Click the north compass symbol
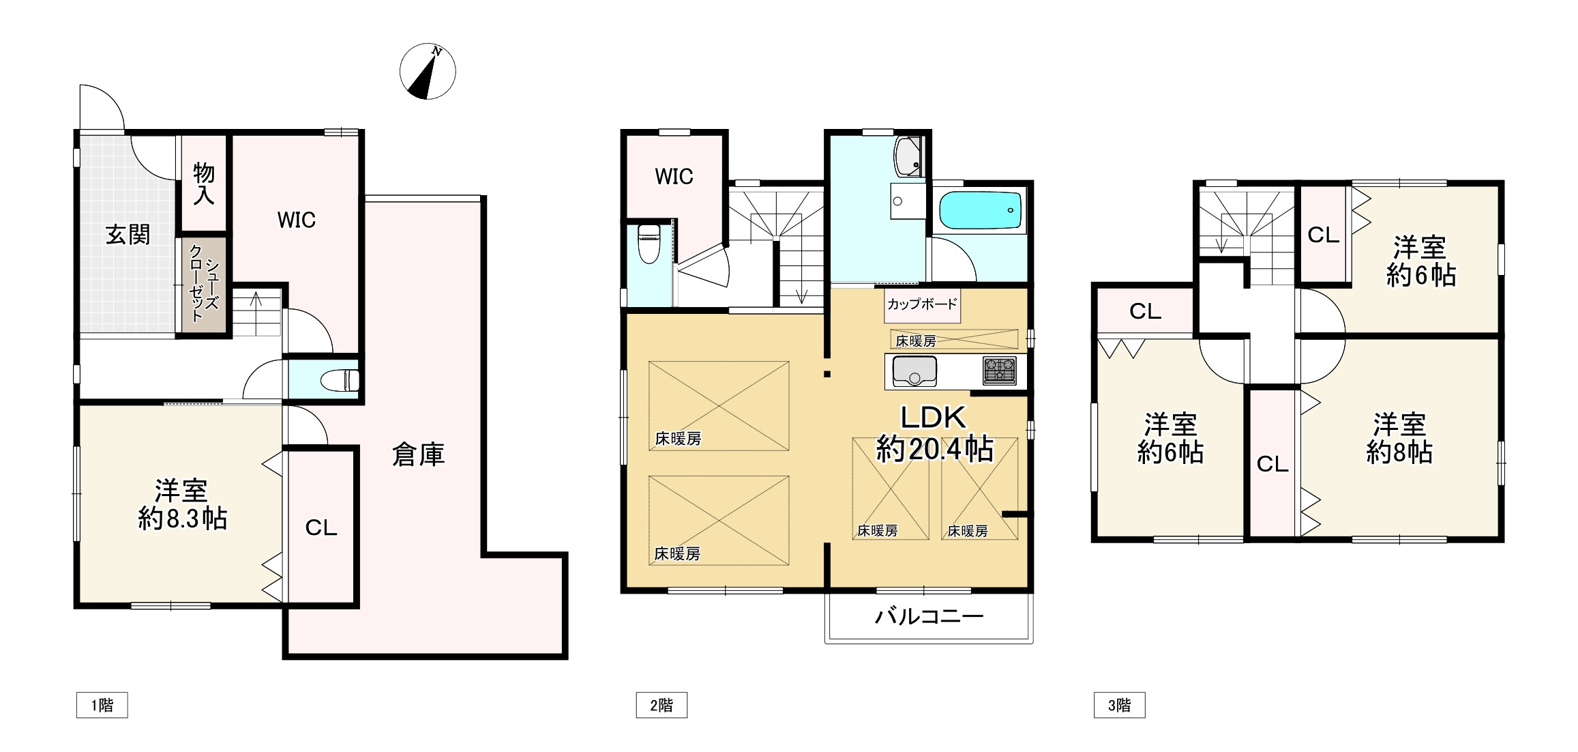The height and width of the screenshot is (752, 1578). tap(428, 72)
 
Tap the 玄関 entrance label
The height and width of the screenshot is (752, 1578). tap(128, 235)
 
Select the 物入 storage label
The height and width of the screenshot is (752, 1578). tap(204, 184)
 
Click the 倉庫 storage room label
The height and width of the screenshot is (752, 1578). tap(418, 454)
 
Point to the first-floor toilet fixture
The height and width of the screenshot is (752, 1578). tap(340, 380)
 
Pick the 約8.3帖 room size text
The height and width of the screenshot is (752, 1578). tap(182, 519)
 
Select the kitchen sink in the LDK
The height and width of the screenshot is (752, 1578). tap(915, 372)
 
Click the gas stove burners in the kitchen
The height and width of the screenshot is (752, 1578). tap(1000, 371)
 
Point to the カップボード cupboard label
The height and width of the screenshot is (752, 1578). tap(922, 304)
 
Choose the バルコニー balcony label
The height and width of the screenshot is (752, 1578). tap(929, 617)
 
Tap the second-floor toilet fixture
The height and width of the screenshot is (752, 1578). tap(649, 244)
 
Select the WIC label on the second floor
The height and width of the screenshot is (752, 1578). tap(674, 177)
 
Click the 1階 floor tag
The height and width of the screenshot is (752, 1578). tap(102, 705)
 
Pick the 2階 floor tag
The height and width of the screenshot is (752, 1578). tap(661, 705)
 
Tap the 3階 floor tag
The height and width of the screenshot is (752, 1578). tap(1119, 705)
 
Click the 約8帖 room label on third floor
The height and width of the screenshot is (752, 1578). tap(1399, 452)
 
